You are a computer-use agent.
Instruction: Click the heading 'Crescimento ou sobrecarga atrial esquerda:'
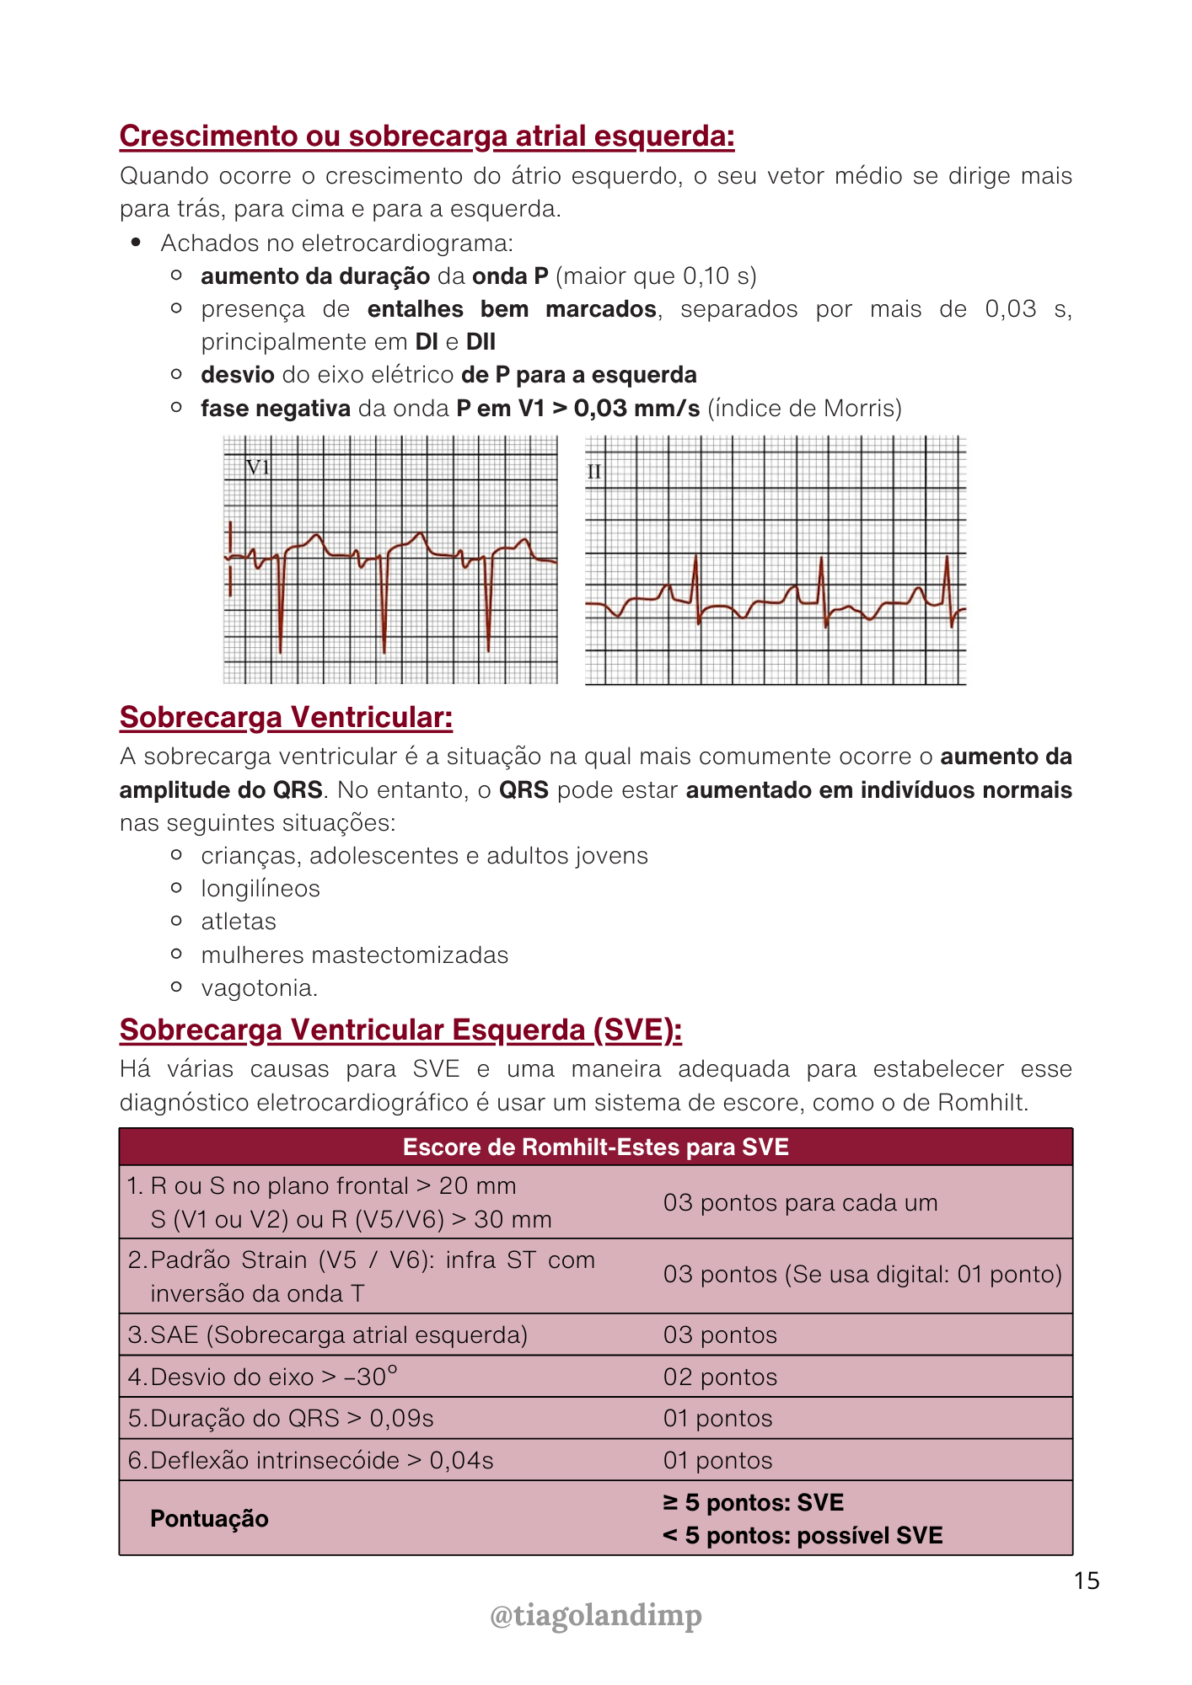[427, 136]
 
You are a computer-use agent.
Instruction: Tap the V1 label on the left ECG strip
[257, 468]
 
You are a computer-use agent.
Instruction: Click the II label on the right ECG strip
[594, 472]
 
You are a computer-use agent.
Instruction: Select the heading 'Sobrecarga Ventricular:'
[286, 718]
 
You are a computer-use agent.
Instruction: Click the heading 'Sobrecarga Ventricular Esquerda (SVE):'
[400, 1030]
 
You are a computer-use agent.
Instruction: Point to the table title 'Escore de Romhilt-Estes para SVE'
[595, 1147]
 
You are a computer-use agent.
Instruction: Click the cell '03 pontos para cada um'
[800, 1203]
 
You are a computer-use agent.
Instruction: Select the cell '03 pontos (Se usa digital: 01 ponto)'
[862, 1275]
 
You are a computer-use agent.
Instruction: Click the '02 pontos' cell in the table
[720, 1377]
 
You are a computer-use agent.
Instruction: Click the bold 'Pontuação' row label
[209, 1519]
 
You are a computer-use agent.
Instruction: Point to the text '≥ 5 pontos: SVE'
[753, 1503]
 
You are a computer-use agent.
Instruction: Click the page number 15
[1087, 1581]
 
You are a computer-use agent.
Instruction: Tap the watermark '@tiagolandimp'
[595, 1616]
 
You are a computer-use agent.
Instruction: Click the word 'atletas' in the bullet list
[239, 923]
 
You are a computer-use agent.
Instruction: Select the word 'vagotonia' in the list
[258, 988]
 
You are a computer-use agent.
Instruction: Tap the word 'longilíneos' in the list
[260, 890]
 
